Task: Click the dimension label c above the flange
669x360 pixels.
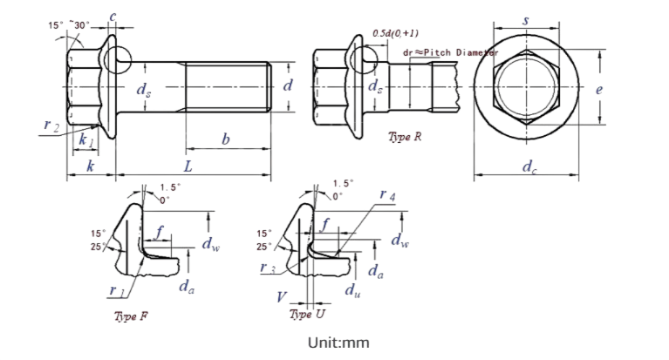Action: click(x=114, y=17)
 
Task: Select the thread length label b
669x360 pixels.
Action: click(x=226, y=139)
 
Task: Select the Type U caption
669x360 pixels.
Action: click(x=308, y=309)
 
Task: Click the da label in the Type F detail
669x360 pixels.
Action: click(x=186, y=283)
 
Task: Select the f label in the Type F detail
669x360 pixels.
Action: click(x=160, y=231)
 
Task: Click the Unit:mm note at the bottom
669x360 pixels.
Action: click(x=338, y=343)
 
